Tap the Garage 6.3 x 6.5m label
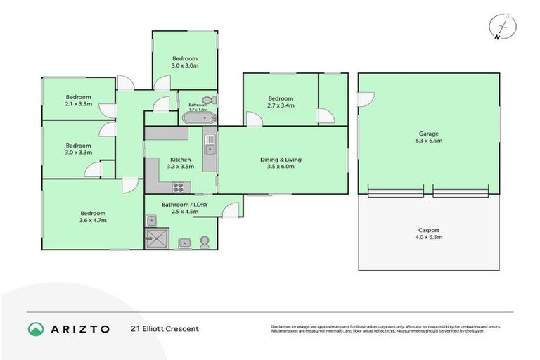pos(429,137)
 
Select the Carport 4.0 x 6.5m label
pos(429,233)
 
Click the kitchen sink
pos(210,146)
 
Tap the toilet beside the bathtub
pos(207,101)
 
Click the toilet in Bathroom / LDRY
pos(205,243)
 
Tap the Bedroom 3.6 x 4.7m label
pos(92,217)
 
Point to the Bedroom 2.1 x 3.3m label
pos(78,101)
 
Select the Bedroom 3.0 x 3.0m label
pos(185,62)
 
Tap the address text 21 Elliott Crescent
pos(165,328)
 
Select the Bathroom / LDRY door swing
pos(233,209)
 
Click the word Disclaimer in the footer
pos(283,326)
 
